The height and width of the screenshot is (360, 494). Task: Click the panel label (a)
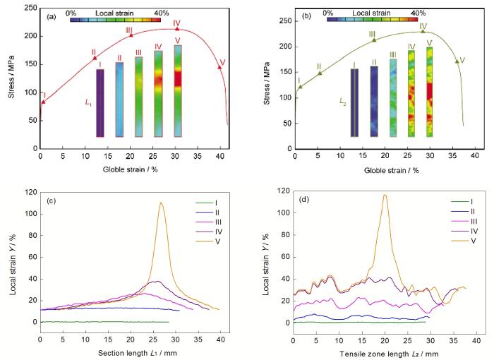click(x=51, y=15)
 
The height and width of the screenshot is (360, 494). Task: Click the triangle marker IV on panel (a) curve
click(x=177, y=29)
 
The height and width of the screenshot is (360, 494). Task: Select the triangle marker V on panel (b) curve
click(x=457, y=61)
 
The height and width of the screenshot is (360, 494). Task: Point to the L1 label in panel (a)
click(x=88, y=104)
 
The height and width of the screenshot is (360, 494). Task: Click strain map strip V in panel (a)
click(x=178, y=90)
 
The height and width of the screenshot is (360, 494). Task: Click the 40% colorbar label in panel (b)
click(x=418, y=13)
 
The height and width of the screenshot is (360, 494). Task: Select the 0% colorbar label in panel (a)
click(x=70, y=13)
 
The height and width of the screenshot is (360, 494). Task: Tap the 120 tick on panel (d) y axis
click(x=282, y=191)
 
